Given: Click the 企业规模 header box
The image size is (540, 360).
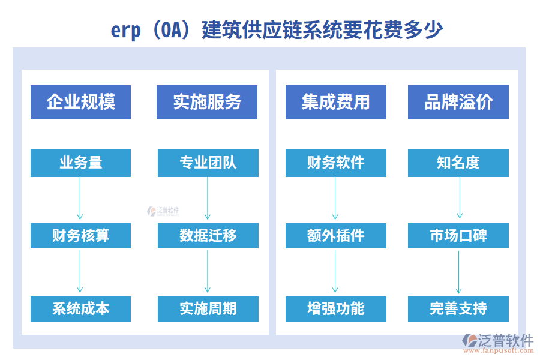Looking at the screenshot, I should (80, 102).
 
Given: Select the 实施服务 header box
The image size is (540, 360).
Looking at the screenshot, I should (207, 102).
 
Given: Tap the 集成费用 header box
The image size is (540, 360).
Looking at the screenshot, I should (335, 102).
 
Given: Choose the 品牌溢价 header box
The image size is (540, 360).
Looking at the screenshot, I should (458, 102).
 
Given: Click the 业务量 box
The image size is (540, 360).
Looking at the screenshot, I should (80, 163).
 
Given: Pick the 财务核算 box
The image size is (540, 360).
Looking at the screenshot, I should (80, 236).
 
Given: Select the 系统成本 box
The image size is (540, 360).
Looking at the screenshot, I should (80, 309).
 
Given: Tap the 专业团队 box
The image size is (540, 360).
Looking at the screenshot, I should (208, 163).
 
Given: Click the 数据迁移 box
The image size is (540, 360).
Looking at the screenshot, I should (208, 236).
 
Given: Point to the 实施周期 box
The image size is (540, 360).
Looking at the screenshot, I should (208, 309).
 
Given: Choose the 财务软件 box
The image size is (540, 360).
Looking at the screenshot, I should (335, 163).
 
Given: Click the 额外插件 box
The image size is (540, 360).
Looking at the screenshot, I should (335, 236).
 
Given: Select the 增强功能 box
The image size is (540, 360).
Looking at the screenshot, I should (335, 309).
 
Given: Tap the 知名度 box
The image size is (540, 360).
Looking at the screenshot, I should (458, 163).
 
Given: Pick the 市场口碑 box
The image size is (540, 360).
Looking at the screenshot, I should (458, 236).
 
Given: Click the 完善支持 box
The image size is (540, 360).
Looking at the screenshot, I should (458, 309).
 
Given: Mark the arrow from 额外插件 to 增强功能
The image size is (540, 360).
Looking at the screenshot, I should (335, 272).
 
